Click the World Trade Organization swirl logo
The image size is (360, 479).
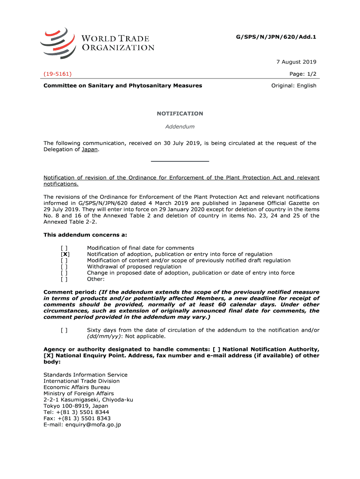pos(57,43)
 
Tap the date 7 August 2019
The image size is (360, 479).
pos(296,62)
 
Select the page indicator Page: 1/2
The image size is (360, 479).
pos(303,74)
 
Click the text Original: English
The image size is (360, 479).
pos(294,86)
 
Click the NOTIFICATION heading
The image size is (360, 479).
pos(180,114)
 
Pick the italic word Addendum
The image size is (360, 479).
pos(180,126)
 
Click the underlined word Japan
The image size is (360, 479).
pos(90,150)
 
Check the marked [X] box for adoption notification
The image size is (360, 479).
pos(65,254)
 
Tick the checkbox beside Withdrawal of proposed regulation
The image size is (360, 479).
pos(64,267)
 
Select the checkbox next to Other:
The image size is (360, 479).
pos(64,279)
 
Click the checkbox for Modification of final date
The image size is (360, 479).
pos(64,248)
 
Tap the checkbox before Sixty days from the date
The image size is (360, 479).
pos(64,330)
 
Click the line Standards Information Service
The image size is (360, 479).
pos(86,375)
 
